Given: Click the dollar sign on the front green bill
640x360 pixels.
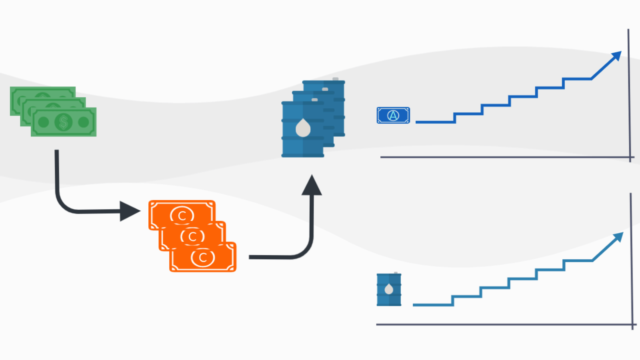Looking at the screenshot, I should click(63, 122).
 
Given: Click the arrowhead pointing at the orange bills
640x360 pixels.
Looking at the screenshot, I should click(130, 211).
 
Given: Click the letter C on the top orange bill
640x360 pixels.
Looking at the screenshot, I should click(182, 215).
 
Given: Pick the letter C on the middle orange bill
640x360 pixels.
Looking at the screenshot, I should click(192, 236).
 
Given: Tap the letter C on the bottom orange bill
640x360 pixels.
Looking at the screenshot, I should click(203, 258).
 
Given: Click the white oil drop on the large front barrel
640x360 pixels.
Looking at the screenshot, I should click(303, 128).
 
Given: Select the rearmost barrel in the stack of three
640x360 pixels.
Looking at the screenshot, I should click(338, 104).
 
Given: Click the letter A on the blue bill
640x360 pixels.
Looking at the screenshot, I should click(393, 116).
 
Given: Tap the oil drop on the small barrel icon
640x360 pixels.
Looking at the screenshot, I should click(389, 289).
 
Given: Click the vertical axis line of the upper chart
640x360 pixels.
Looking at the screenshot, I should click(629, 96).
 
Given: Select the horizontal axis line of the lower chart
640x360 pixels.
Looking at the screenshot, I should click(504, 324).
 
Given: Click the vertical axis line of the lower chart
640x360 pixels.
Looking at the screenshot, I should click(632, 260).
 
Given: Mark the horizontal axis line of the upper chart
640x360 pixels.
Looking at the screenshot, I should click(504, 157).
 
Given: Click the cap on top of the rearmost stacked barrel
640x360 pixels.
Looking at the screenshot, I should click(335, 79).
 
